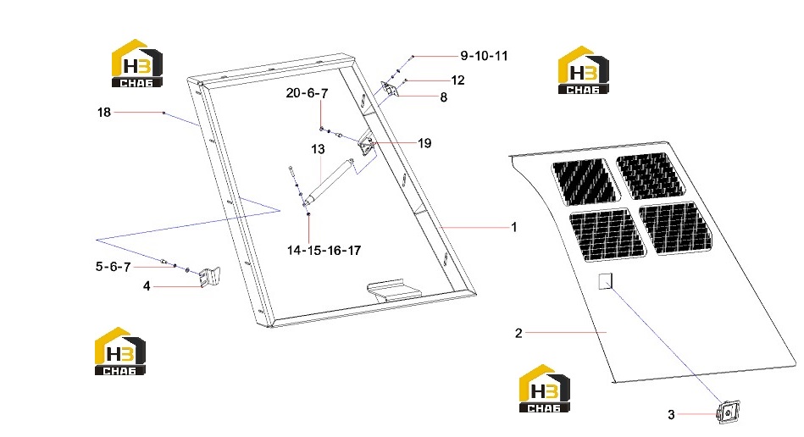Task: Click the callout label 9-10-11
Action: point(484,56)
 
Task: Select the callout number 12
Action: point(457,80)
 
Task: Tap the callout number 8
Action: point(444,97)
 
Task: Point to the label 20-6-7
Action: point(307,93)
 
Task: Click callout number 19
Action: point(424,143)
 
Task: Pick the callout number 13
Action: point(318,149)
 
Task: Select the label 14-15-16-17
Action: point(324,251)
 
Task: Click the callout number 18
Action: point(104,112)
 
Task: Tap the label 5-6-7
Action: point(113,267)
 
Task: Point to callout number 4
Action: point(147,286)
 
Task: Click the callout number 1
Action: point(514,227)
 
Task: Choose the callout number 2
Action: point(518,334)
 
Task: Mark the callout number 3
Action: point(671,414)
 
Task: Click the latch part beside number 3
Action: point(728,412)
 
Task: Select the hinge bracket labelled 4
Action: point(210,277)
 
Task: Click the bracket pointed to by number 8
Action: point(390,89)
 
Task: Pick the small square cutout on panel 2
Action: point(606,281)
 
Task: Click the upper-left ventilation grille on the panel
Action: point(585,182)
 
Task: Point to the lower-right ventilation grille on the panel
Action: point(676,229)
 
